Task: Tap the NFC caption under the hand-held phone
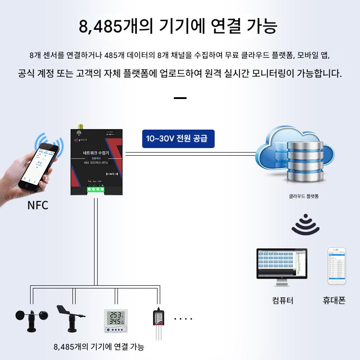tap(38, 206)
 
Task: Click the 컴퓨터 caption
tap(283, 300)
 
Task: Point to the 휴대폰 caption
tap(334, 300)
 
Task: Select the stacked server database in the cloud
tap(305, 157)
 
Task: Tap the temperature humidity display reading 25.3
tap(116, 321)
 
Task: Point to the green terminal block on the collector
tap(96, 189)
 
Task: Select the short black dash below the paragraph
tap(180, 98)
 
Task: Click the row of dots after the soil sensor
tap(183, 319)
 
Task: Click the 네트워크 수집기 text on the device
tap(96, 153)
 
